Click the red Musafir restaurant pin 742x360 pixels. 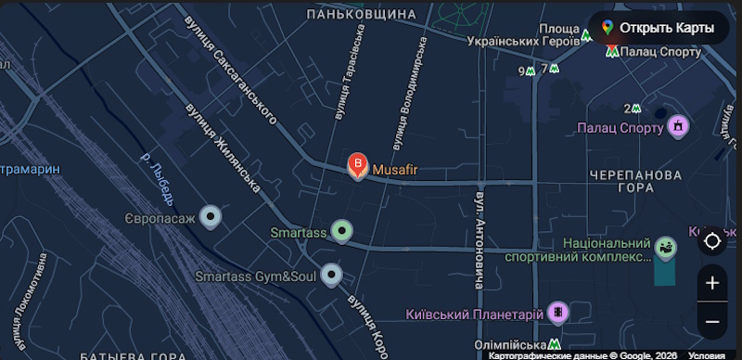357,167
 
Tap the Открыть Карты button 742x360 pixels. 657,28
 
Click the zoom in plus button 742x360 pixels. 712,283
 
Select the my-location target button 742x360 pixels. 712,241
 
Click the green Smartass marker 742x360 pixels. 343,231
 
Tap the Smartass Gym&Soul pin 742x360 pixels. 331,275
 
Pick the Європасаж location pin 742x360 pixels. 211,218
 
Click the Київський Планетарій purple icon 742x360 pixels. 556,313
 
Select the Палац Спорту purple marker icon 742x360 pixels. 678,125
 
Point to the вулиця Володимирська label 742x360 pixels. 409,93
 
